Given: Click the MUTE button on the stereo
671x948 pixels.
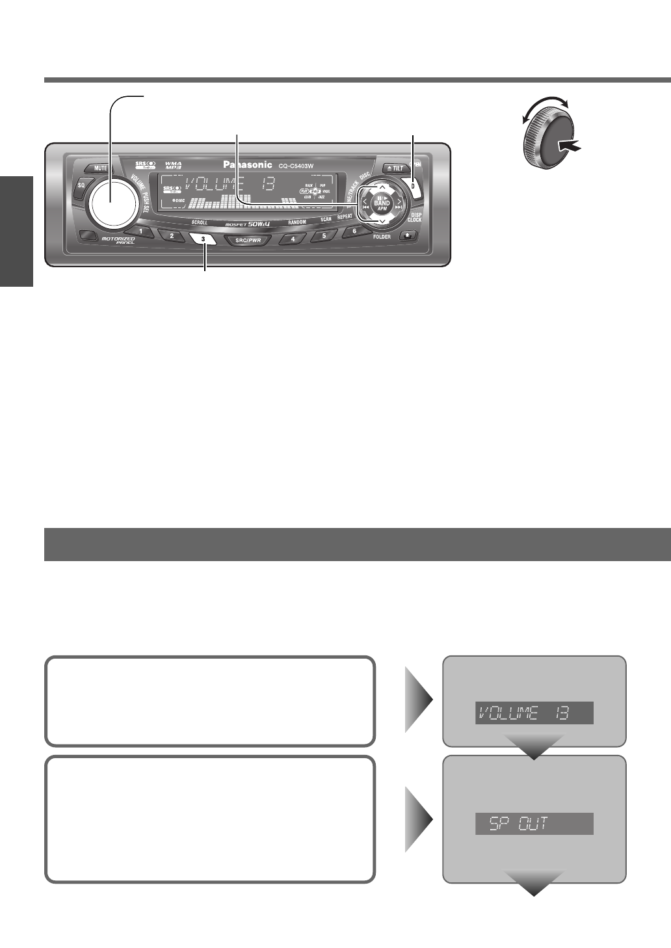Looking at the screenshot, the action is click(99, 168).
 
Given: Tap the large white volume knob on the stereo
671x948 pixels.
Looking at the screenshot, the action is click(111, 202).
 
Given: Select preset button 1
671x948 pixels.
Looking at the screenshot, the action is click(140, 232).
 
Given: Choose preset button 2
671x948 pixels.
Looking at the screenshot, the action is click(172, 236).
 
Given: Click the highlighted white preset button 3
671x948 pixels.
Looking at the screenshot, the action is click(204, 239).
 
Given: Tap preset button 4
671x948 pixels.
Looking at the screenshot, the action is click(293, 239).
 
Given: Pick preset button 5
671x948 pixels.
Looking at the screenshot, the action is click(324, 235).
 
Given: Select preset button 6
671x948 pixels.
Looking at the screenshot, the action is click(354, 231).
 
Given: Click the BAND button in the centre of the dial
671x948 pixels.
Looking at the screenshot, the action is click(382, 204).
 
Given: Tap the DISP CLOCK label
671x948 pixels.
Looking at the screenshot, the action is click(414, 217).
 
